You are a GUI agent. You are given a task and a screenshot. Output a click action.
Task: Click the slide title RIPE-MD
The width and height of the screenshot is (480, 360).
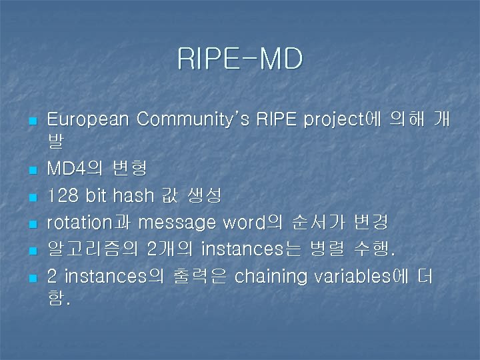point(240,59)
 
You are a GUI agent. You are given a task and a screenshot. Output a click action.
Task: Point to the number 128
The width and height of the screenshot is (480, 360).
point(63,195)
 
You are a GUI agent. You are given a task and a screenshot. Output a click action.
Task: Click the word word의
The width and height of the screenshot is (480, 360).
point(259,221)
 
